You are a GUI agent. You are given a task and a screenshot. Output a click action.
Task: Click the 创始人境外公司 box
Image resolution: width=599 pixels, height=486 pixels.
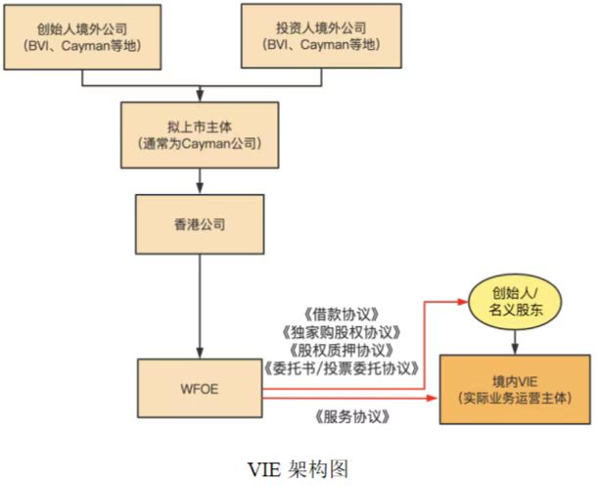(x=82, y=37)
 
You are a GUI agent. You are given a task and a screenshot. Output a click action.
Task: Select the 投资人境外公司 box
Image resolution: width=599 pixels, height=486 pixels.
(x=321, y=36)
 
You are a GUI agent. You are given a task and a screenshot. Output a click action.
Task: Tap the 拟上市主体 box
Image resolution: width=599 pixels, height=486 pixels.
(x=200, y=135)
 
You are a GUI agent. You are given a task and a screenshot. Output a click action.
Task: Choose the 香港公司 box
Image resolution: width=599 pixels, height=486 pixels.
(x=200, y=224)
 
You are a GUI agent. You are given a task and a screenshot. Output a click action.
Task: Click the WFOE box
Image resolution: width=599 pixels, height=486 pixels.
(x=200, y=388)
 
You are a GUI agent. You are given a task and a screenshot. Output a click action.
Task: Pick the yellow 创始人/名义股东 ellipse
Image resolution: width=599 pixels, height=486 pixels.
(x=515, y=302)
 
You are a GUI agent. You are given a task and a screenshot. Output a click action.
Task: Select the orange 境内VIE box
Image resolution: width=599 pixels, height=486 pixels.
(x=515, y=390)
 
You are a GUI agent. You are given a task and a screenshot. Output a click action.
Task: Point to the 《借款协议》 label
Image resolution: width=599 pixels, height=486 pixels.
(x=342, y=315)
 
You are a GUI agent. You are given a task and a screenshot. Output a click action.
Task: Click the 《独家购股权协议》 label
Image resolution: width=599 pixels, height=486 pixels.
(x=342, y=333)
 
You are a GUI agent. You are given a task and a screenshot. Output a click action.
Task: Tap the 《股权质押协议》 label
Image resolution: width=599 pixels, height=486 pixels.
(x=342, y=350)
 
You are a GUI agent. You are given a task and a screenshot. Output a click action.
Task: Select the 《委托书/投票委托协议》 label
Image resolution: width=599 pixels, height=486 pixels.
(x=342, y=368)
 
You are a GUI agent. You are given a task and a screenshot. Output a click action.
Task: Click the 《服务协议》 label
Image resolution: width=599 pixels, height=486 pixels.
(x=352, y=416)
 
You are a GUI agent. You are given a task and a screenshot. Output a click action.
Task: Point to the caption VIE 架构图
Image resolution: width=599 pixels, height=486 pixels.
(x=299, y=468)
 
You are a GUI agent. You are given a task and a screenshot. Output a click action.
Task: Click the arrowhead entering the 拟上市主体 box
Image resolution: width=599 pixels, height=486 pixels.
(x=200, y=96)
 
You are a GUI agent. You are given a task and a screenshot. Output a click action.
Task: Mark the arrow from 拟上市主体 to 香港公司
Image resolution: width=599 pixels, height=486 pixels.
(x=200, y=181)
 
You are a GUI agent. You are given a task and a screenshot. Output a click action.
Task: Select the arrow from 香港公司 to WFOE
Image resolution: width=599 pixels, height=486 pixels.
(x=200, y=307)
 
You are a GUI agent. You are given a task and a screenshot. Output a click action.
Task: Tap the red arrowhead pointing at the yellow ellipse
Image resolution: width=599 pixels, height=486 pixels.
(x=463, y=302)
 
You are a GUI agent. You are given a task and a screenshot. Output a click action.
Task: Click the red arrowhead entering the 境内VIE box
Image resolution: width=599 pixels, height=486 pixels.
(x=434, y=398)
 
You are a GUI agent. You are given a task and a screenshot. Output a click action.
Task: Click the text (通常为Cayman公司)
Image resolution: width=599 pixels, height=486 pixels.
(x=200, y=144)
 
